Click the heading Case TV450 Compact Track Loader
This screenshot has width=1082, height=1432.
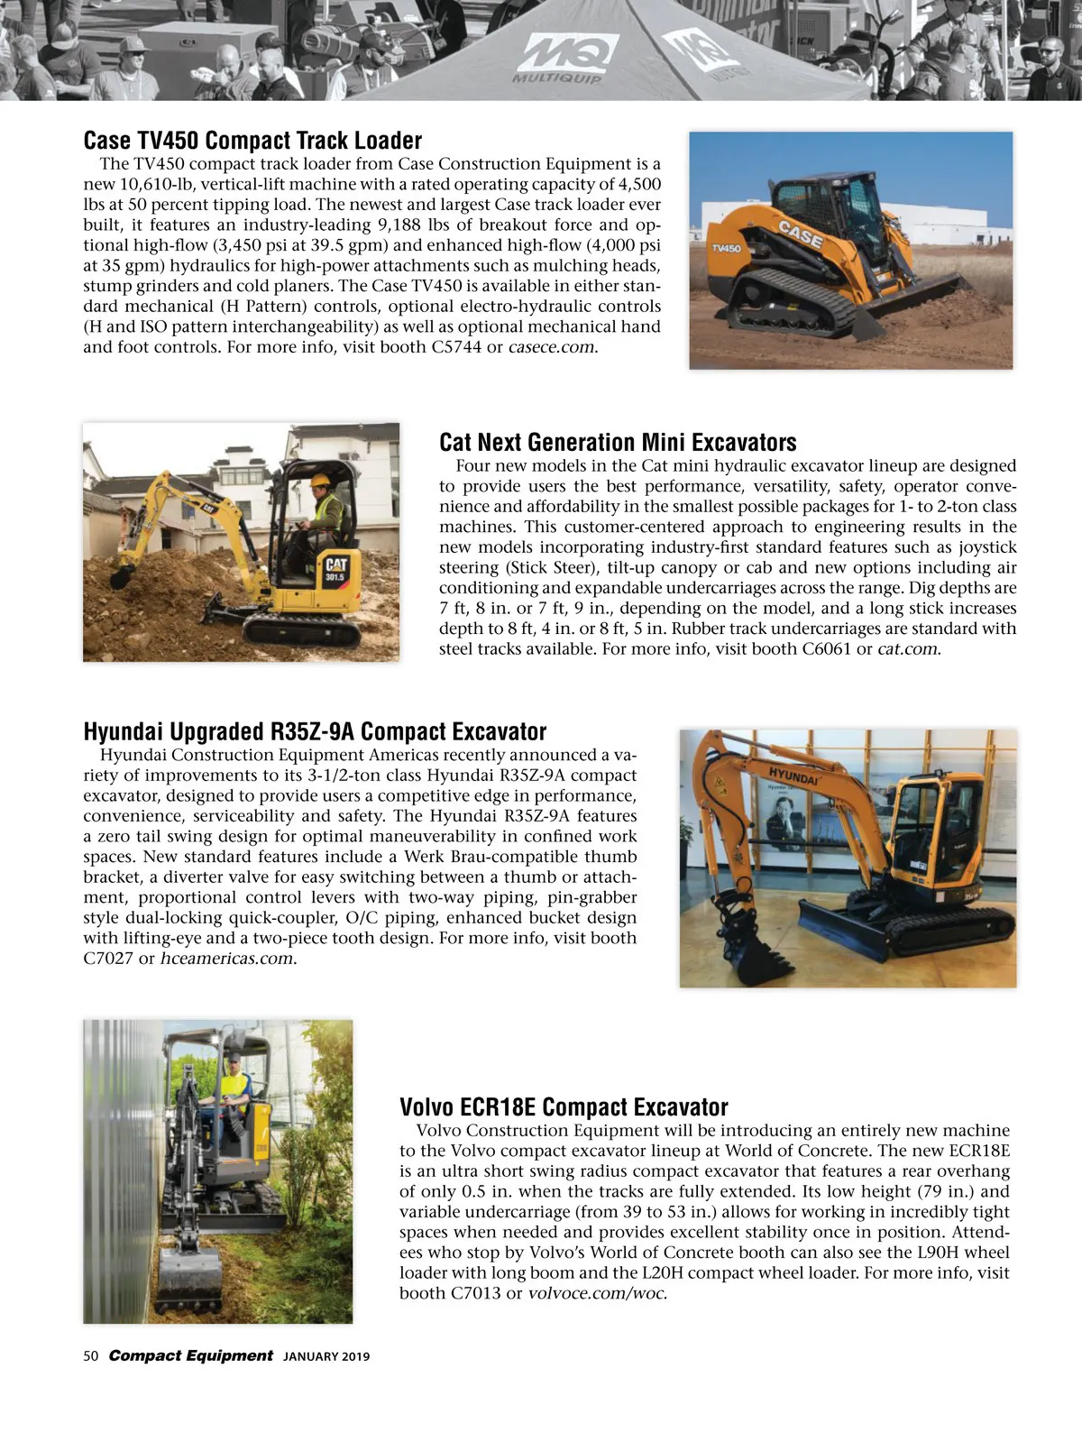pyautogui.click(x=252, y=141)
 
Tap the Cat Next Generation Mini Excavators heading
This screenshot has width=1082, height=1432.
pyautogui.click(x=618, y=443)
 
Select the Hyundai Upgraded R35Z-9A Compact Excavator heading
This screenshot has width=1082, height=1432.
pyautogui.click(x=315, y=731)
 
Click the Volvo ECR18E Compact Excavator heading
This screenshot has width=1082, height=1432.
pyautogui.click(x=564, y=1106)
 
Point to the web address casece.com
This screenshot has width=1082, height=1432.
pyautogui.click(x=552, y=347)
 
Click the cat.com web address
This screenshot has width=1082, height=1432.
pyautogui.click(x=908, y=649)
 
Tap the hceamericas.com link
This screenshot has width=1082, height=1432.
pyautogui.click(x=228, y=959)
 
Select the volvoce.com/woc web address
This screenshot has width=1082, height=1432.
pyautogui.click(x=597, y=1294)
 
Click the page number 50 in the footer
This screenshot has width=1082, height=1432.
pyautogui.click(x=91, y=1356)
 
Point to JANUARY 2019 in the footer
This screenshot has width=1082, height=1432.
pyautogui.click(x=326, y=1357)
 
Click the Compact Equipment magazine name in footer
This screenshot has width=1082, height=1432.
pyautogui.click(x=190, y=1356)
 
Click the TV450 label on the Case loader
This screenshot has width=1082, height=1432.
pyautogui.click(x=726, y=247)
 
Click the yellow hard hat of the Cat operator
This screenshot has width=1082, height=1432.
pyautogui.click(x=318, y=482)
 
